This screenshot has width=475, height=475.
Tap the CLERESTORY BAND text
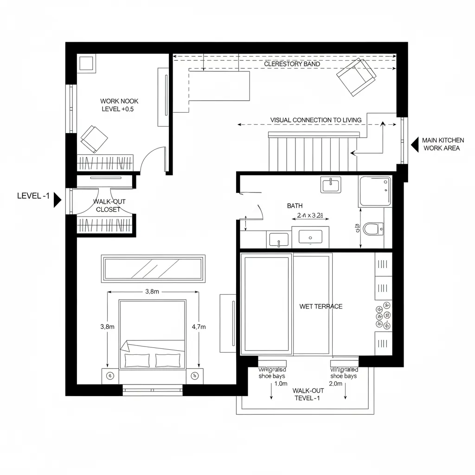point(292,64)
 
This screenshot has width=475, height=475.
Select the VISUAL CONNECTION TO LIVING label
point(315,120)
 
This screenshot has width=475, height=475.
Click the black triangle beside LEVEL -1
point(58,200)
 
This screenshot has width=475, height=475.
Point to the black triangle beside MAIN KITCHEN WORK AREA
point(414,144)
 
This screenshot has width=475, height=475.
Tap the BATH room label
point(295,205)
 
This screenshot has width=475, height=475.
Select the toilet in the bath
point(373,228)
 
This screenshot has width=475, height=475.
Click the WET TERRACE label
point(321,306)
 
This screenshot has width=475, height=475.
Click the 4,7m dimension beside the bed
point(198,326)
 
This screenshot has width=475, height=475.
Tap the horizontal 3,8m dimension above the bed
point(152,292)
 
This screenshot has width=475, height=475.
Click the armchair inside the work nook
point(94,138)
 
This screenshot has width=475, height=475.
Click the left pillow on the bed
point(137,360)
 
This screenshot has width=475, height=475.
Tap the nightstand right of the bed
point(194,376)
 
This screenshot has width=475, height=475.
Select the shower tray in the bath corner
point(374,191)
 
